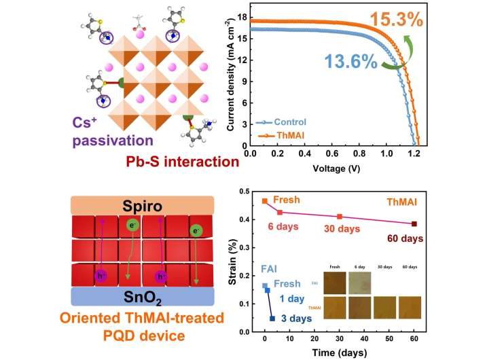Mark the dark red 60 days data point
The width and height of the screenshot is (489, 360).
[414, 223]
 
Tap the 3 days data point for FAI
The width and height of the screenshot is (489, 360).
[272, 319]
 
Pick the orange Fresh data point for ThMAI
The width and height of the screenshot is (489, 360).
[265, 201]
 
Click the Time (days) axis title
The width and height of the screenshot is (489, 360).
[339, 353]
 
